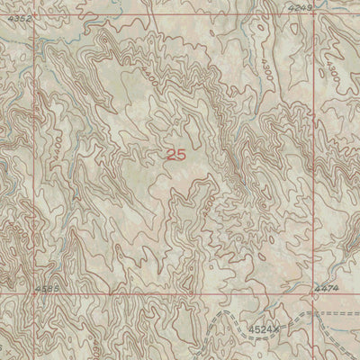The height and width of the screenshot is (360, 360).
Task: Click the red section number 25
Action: [176, 155]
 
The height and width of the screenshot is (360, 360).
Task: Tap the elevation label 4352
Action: [18, 18]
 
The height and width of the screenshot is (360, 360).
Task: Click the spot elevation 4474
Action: [326, 287]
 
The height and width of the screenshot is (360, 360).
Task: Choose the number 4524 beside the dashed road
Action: [261, 330]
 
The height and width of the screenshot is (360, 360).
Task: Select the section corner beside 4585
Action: [36, 293]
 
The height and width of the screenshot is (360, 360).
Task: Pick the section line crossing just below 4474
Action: [314, 292]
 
